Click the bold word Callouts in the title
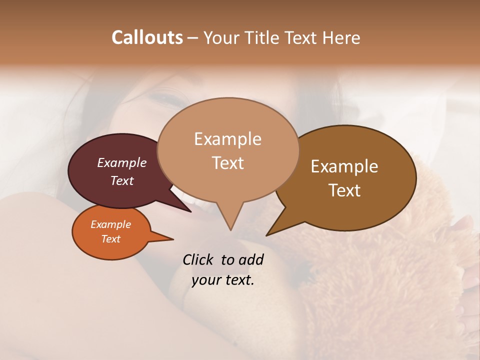[147, 37]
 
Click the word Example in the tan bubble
[227, 138]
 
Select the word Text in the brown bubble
[345, 190]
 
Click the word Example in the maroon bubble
[122, 162]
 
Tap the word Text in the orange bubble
[111, 239]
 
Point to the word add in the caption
[251, 259]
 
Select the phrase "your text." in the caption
[223, 280]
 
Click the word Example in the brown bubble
[344, 166]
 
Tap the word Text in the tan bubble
[228, 163]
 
